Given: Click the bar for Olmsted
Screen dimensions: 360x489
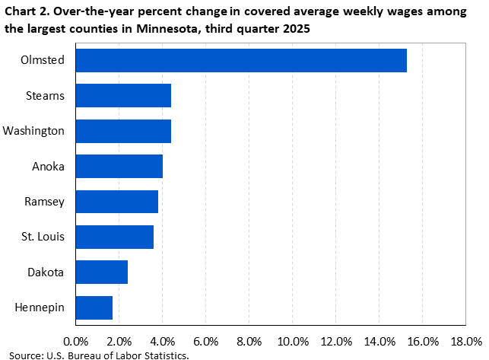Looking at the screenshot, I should point(241,60).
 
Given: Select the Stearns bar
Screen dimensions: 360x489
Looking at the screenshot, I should point(123,96).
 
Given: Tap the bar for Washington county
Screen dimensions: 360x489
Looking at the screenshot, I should point(123,131).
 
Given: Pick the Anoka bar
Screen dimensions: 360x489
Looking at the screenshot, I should point(119,166).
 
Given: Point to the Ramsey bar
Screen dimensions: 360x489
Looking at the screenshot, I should point(117,202).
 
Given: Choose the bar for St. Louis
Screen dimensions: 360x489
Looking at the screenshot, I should point(115,237).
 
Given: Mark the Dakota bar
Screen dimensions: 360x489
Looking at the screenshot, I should point(102,272).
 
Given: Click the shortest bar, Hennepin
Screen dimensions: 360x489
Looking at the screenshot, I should point(94,307).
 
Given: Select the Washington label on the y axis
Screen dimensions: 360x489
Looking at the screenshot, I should point(33,131).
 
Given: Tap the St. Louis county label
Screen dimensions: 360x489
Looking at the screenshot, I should point(43,237).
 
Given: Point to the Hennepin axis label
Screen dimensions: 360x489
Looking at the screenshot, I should point(40,307).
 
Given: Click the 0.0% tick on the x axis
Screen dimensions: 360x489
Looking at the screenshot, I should point(76,339).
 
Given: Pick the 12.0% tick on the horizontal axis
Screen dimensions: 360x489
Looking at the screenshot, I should point(337,339).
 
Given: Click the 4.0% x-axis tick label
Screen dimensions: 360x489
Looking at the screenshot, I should point(163,339).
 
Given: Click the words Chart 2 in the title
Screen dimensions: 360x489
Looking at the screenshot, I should point(25,10).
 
